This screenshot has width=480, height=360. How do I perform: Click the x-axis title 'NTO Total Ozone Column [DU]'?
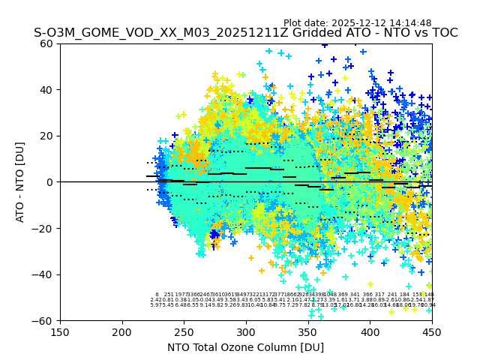245,347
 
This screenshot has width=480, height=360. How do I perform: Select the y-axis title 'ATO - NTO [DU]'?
21,182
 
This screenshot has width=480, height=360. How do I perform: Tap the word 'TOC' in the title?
443,33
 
